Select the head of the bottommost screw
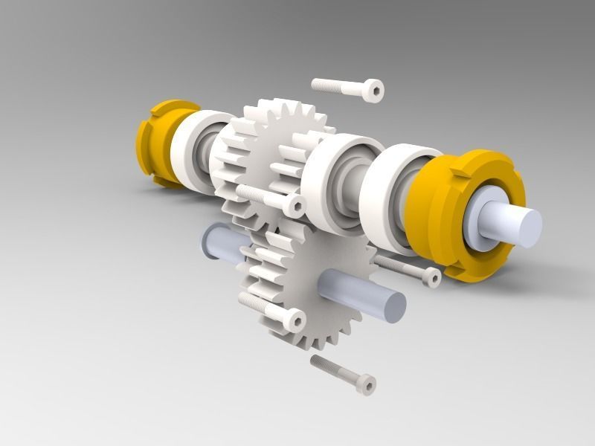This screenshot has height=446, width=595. (x=366, y=384)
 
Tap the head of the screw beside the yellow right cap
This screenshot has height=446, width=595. (x=431, y=277)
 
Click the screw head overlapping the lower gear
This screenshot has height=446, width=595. (x=294, y=320)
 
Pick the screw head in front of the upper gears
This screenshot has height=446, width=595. (x=295, y=205)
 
